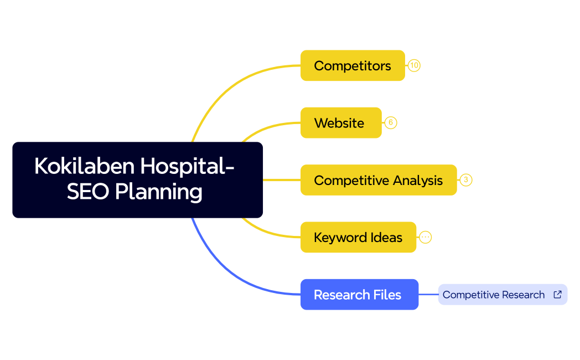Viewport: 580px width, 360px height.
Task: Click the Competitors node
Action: [353, 66]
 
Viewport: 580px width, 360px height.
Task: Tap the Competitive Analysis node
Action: [379, 180]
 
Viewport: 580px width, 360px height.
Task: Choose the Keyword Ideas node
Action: [358, 238]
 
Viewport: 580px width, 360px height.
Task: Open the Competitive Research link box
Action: [494, 295]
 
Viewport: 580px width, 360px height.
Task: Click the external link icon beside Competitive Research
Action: [557, 295]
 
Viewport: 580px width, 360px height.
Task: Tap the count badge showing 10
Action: [414, 66]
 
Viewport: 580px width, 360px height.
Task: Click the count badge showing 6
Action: [391, 123]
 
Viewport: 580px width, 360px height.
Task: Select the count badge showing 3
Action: [466, 180]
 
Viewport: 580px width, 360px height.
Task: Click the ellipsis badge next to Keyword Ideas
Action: [425, 238]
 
